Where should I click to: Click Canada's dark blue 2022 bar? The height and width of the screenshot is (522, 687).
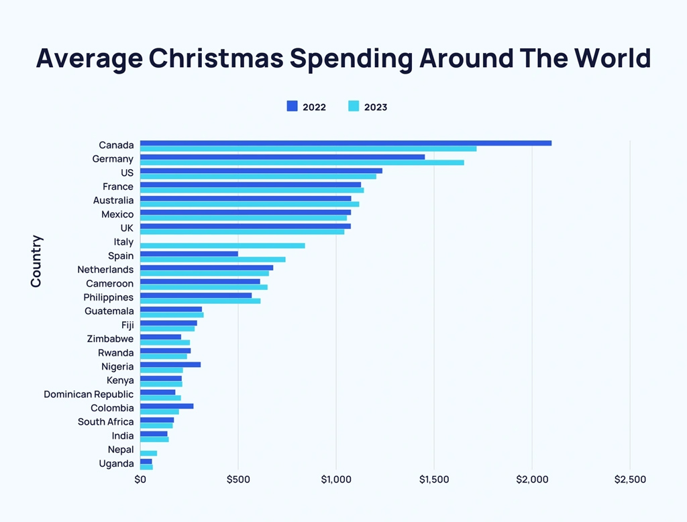(346, 143)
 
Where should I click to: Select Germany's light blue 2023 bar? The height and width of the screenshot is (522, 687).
(302, 162)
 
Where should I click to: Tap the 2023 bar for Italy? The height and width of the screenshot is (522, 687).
(222, 246)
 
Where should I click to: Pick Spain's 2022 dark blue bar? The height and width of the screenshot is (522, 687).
(189, 254)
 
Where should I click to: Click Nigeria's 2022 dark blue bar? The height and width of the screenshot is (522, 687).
(170, 364)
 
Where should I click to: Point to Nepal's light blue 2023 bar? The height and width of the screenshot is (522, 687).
(148, 453)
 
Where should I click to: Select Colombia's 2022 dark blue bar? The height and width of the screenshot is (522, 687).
(166, 406)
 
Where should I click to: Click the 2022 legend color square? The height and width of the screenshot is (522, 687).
(292, 106)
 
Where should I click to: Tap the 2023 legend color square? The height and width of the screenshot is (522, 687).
(354, 106)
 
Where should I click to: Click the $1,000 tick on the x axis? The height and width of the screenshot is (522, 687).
(336, 480)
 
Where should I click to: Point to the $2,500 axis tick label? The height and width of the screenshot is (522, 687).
(630, 480)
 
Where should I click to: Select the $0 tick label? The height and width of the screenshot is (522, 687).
(140, 480)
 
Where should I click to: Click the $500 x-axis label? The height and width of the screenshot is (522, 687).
(238, 480)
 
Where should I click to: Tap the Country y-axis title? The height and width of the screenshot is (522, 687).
(36, 261)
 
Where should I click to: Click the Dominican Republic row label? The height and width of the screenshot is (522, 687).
(89, 395)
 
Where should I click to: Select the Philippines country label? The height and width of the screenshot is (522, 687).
(108, 297)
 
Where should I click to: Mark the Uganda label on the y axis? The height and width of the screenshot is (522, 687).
(116, 464)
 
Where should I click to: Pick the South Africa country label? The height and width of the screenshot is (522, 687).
(105, 422)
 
